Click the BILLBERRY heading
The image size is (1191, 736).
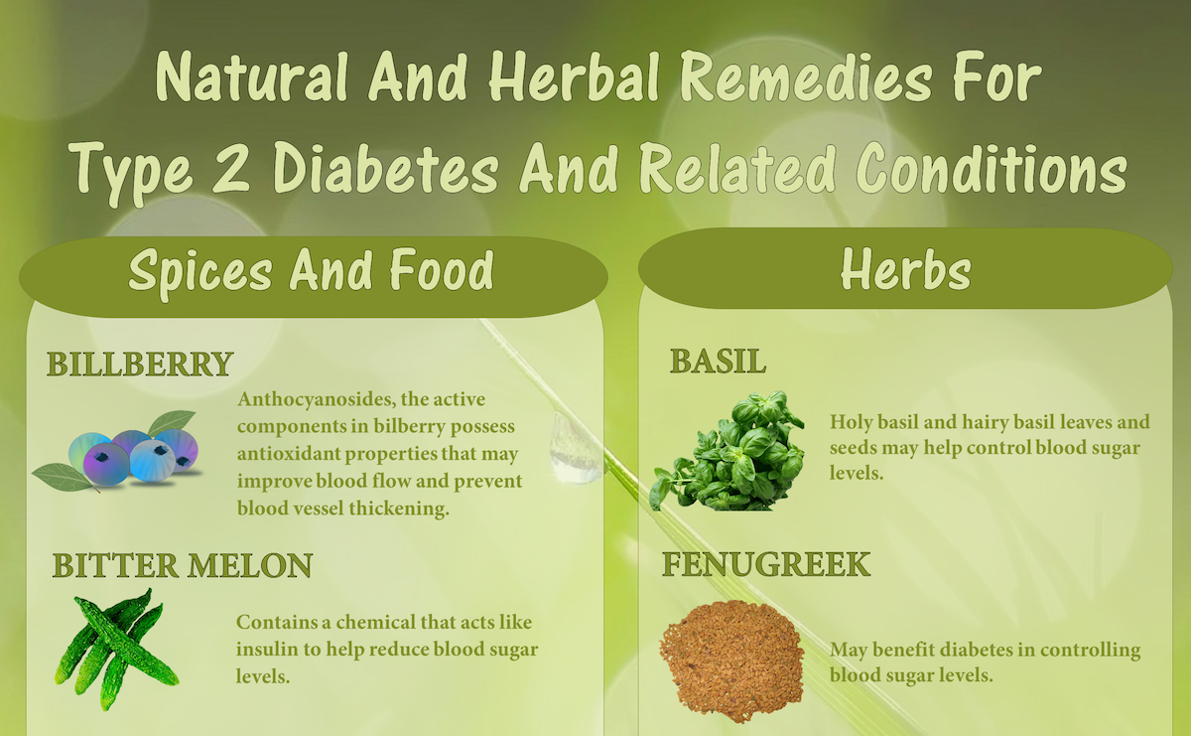[x=140, y=364]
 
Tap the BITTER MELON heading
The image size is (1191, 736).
[x=183, y=565]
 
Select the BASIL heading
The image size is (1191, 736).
[x=718, y=362]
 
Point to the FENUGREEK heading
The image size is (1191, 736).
[x=766, y=564]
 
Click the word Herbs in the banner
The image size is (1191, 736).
[x=905, y=270]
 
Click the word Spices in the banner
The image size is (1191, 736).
[x=200, y=272]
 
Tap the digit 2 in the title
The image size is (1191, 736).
[x=231, y=167]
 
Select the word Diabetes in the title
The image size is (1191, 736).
[x=386, y=167]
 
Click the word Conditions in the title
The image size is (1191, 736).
[x=992, y=168]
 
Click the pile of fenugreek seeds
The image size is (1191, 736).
[x=732, y=662]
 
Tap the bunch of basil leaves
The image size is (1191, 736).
[x=728, y=451]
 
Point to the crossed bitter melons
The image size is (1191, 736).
[x=116, y=650]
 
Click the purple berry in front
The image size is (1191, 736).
[x=106, y=464]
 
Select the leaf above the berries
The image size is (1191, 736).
[x=171, y=422]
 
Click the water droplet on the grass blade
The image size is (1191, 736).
[x=574, y=448]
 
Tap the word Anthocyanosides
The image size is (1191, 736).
[x=316, y=399]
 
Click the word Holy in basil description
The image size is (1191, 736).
[x=851, y=422]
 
